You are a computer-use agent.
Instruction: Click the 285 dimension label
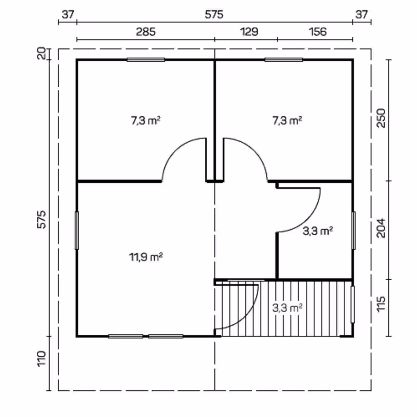[146, 32]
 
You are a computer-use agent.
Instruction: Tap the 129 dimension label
[249, 32]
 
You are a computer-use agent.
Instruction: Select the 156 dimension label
[317, 32]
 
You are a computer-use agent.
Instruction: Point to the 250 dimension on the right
[381, 118]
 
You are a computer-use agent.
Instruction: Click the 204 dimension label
[381, 228]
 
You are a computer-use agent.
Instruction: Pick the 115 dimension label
[381, 303]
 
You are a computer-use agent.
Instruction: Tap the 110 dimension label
[42, 359]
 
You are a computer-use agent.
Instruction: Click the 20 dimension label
[42, 53]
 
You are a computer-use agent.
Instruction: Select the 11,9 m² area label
[146, 257]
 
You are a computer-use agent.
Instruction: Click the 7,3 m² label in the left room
[146, 121]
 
